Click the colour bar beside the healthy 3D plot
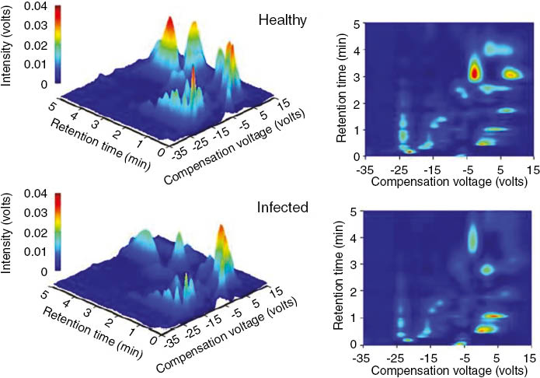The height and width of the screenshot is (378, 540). point(59,43)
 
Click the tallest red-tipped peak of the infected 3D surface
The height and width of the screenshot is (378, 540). point(221,233)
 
